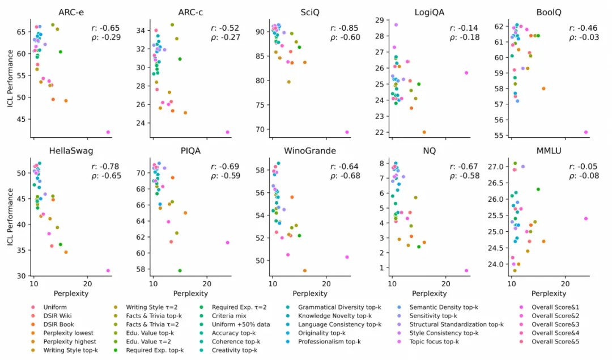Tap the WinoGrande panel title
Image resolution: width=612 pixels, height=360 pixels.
311,151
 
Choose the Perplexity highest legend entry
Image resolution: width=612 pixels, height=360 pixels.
70,341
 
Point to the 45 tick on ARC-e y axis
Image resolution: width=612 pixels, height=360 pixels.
22,119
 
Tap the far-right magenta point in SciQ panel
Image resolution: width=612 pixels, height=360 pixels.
347,132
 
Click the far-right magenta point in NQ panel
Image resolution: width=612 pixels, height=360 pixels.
466,270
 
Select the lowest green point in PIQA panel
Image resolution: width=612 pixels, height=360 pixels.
180,270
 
